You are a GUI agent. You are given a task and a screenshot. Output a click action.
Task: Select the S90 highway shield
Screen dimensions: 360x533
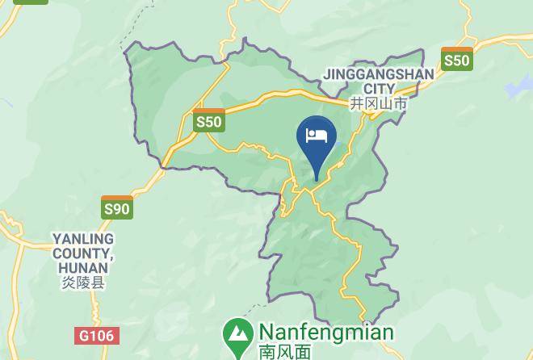(x=116, y=207)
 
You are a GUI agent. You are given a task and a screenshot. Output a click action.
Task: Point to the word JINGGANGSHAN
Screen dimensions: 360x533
(x=378, y=74)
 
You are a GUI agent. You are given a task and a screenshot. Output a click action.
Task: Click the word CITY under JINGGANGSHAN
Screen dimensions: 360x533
(x=379, y=89)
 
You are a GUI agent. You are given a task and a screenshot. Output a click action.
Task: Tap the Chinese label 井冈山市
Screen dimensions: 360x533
(x=378, y=104)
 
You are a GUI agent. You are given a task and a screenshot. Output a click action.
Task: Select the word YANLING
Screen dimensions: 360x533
(x=83, y=240)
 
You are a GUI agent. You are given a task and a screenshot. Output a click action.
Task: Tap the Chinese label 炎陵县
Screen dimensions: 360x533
(x=83, y=283)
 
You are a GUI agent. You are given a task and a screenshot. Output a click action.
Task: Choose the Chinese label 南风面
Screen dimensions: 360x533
(x=285, y=352)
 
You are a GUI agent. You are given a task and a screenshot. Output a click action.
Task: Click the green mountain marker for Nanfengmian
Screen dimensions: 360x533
(x=237, y=333)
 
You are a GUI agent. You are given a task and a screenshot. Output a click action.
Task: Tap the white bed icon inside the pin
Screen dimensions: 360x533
(x=316, y=134)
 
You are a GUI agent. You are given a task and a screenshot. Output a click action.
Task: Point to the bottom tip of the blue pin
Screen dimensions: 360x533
(x=316, y=178)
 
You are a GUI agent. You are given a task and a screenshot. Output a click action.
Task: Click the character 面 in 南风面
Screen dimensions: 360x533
(x=303, y=352)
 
